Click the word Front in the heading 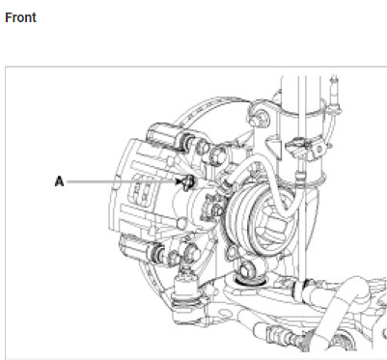tap(20, 17)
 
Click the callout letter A tap(59, 181)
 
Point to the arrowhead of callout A tap(179, 182)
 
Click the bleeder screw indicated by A tap(188, 182)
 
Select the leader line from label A tap(122, 182)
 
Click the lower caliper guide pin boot tap(158, 252)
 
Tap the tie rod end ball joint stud tap(185, 273)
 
